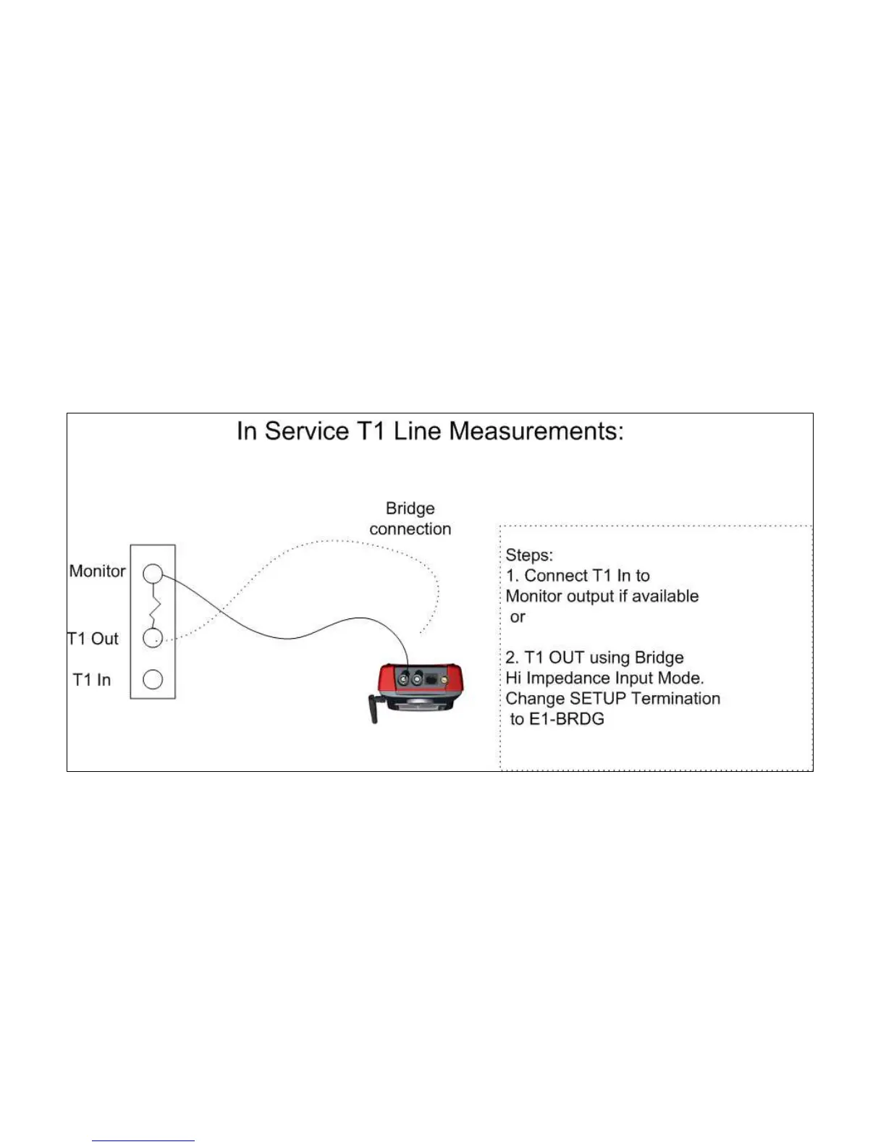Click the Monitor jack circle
click(x=152, y=574)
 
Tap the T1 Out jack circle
click(x=152, y=638)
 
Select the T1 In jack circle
click(x=152, y=679)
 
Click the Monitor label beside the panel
click(x=97, y=571)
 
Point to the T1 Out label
click(x=93, y=639)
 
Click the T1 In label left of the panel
click(x=92, y=680)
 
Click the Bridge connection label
click(x=410, y=518)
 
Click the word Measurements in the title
click(x=536, y=432)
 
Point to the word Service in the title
click(x=307, y=432)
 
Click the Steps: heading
click(x=529, y=555)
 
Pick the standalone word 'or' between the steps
click(x=518, y=617)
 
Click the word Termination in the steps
click(x=676, y=699)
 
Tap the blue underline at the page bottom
click(x=143, y=1140)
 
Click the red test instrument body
click(x=420, y=684)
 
